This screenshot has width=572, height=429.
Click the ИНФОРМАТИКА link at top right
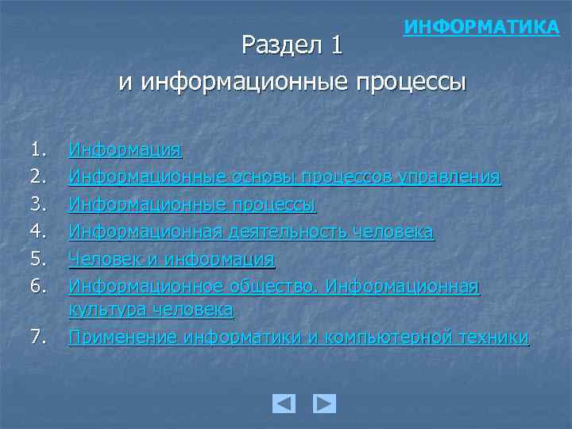(x=481, y=28)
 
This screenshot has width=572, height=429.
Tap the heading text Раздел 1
(x=292, y=45)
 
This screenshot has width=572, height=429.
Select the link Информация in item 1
(x=125, y=149)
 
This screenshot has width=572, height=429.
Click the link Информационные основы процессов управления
(x=284, y=176)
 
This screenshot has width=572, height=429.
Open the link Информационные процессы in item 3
(x=192, y=204)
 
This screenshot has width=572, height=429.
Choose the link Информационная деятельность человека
(x=251, y=231)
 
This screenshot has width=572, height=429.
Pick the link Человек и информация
(x=171, y=258)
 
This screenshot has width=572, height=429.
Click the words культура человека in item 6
(x=151, y=308)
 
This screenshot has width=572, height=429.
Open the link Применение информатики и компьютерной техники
(x=298, y=337)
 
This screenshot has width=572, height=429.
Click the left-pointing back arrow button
(x=284, y=404)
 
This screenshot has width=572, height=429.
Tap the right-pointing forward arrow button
(x=324, y=404)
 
